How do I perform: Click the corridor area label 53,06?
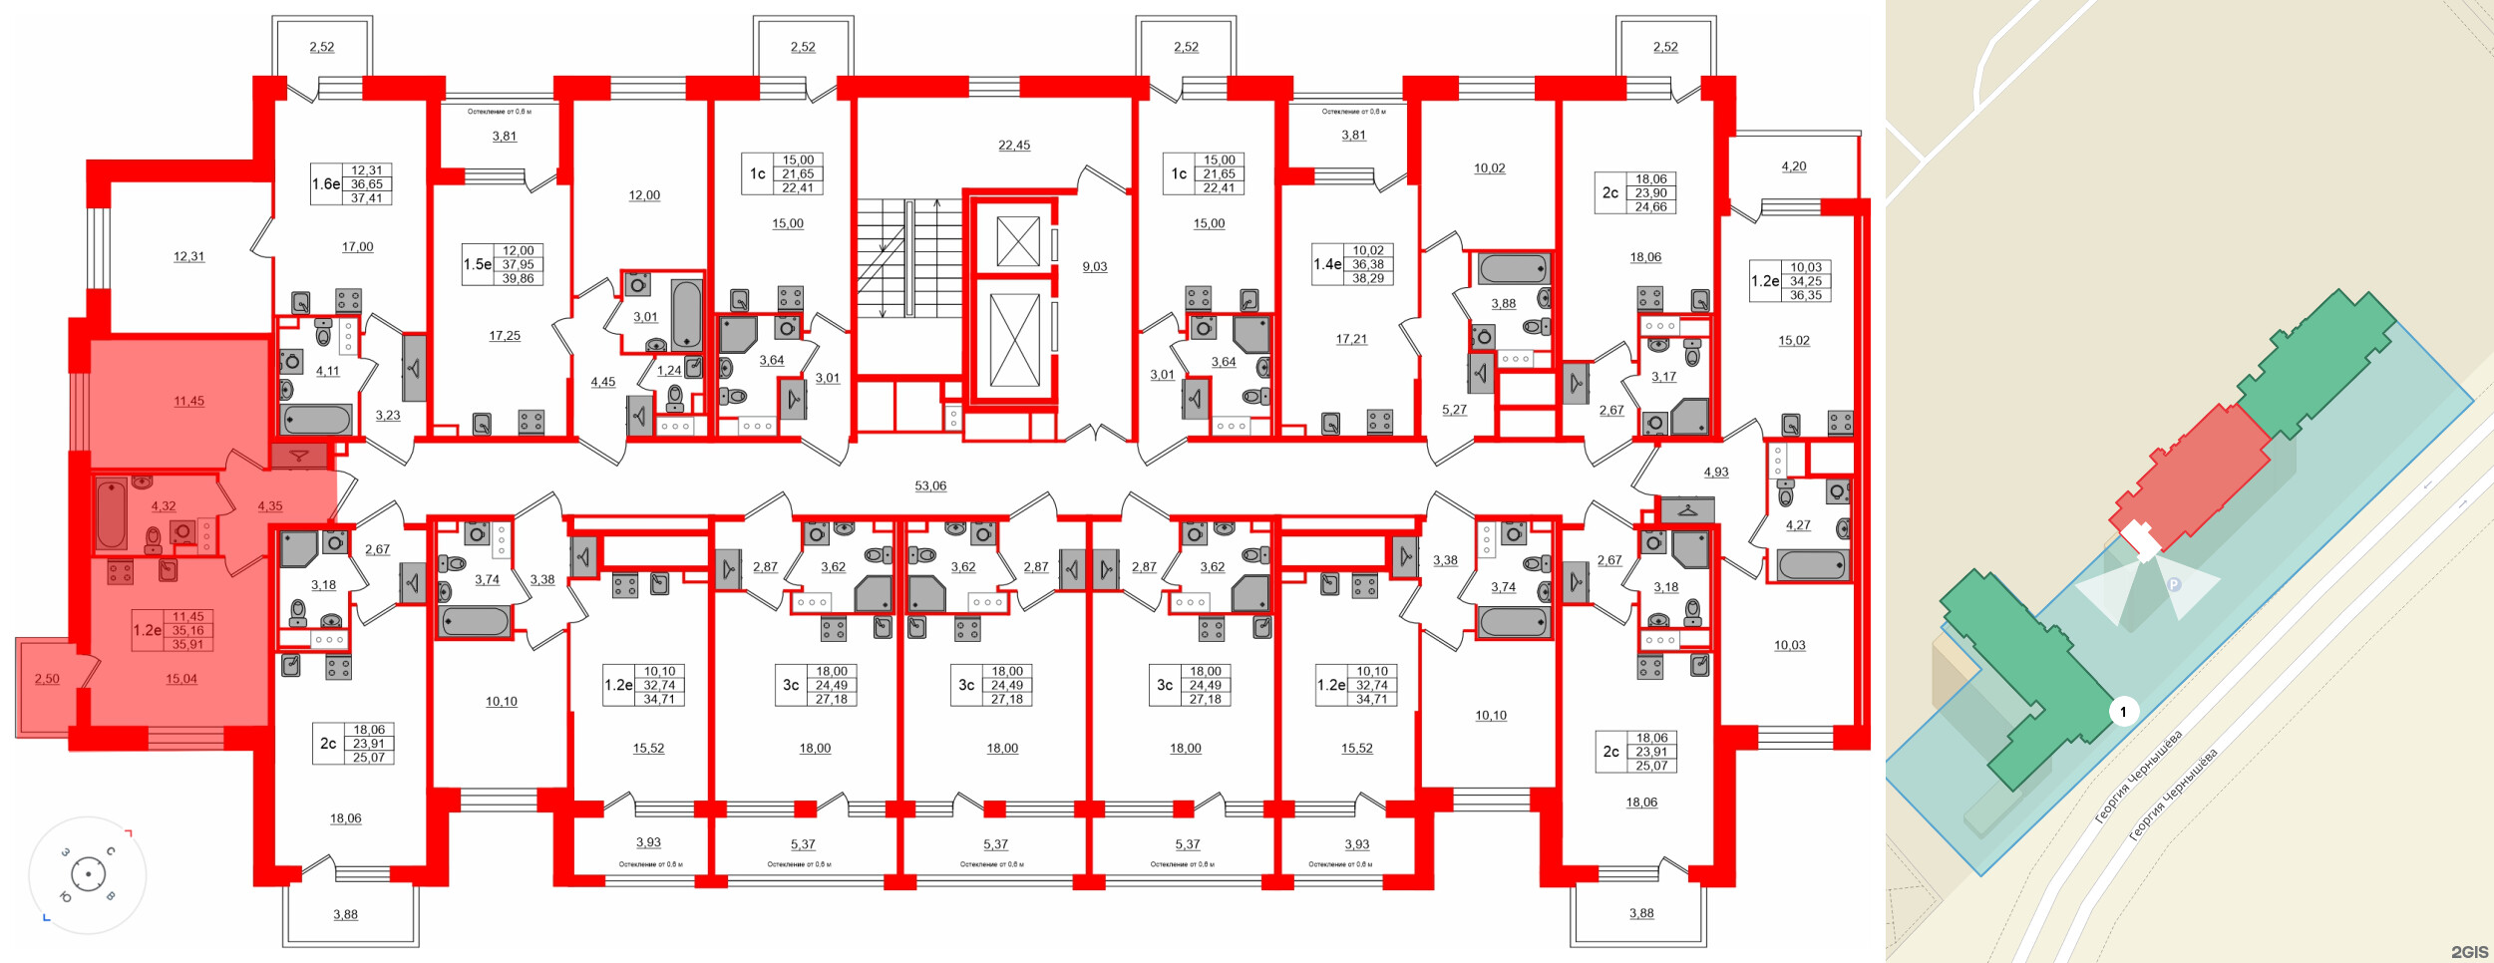(x=930, y=486)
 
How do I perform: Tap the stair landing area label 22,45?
(x=1014, y=146)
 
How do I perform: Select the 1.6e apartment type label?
(x=326, y=184)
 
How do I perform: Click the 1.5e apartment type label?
(x=478, y=265)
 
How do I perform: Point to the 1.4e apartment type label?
(x=1327, y=265)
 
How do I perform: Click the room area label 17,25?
(x=505, y=336)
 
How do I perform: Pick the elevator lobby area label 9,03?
(x=1095, y=267)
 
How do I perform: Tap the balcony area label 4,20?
(x=1794, y=167)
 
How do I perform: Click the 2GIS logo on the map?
(x=2469, y=952)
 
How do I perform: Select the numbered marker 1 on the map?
(x=2123, y=711)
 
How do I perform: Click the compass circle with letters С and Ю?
(x=88, y=875)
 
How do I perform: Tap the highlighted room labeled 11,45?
(x=188, y=402)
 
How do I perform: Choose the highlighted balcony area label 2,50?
(x=47, y=680)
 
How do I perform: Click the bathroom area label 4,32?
(x=164, y=506)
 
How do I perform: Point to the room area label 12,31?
(x=188, y=257)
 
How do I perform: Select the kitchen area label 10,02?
(x=1489, y=168)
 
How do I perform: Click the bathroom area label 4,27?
(x=1798, y=525)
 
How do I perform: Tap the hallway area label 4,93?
(x=1716, y=473)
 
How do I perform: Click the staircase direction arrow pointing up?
(x=936, y=204)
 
